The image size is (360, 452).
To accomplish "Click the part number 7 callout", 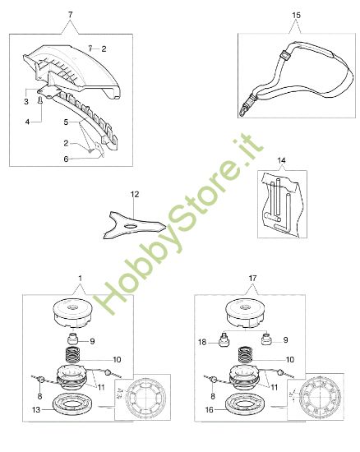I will (69, 16).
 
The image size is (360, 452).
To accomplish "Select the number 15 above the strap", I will (296, 16).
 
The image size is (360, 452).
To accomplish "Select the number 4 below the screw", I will (26, 121).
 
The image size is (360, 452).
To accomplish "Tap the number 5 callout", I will (67, 122).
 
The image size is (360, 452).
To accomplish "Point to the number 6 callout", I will (67, 159).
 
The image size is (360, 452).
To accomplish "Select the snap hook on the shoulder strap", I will (245, 107).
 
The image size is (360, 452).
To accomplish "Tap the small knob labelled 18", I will (226, 340).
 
